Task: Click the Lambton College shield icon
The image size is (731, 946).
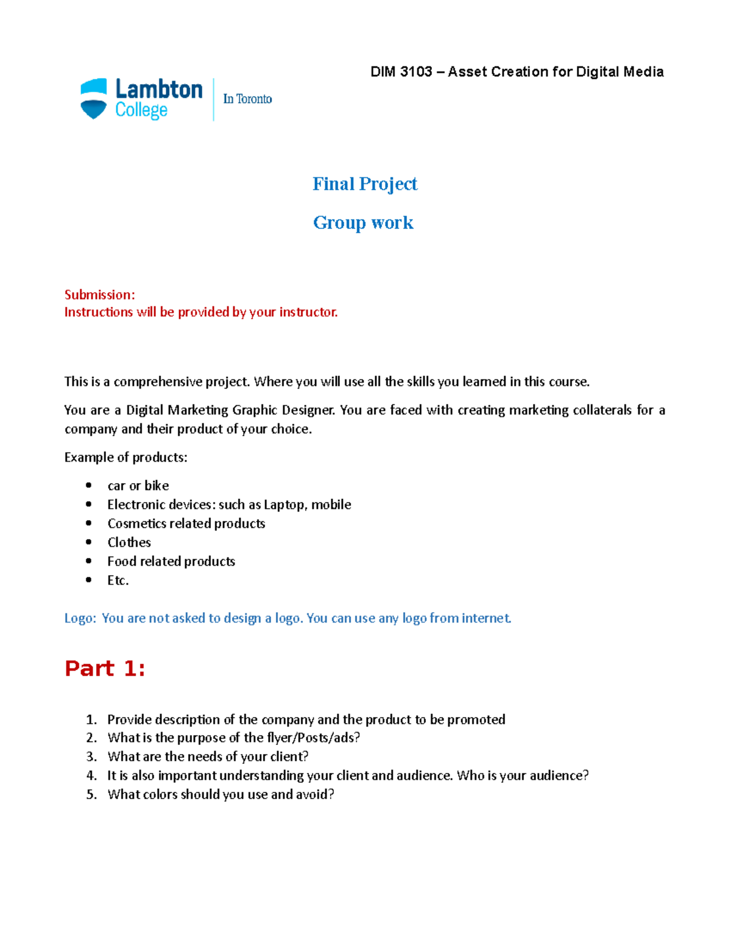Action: pos(94,99)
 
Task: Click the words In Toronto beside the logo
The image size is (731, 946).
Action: pos(247,99)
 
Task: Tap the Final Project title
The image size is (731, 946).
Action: pos(365,184)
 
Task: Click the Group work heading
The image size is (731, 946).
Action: pos(363,223)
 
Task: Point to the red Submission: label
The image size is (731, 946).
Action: pos(100,295)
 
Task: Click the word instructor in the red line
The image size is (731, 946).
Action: pos(308,312)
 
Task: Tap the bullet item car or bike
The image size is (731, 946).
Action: pos(138,485)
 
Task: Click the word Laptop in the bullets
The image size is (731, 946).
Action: pos(284,504)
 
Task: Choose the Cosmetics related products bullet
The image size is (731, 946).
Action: pos(186,523)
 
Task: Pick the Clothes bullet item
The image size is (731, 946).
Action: pos(129,542)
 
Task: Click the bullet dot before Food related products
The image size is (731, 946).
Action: pos(89,561)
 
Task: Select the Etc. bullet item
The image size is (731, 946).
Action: pos(118,580)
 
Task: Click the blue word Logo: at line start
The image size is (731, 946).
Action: pos(80,618)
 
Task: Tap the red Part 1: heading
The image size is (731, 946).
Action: pos(105,669)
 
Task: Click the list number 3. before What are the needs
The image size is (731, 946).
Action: pos(91,757)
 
